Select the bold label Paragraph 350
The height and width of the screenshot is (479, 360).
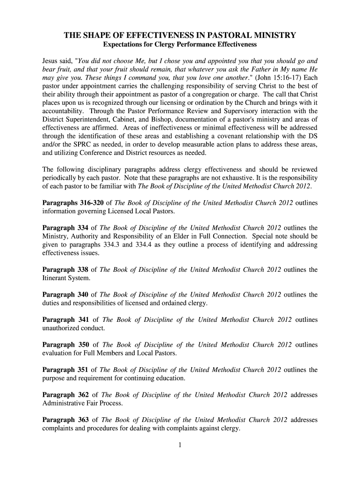point(66,345)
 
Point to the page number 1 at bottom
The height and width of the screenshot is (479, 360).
point(180,445)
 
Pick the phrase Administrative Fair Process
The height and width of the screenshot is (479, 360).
point(83,403)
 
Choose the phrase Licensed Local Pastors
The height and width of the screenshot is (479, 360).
point(141,211)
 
